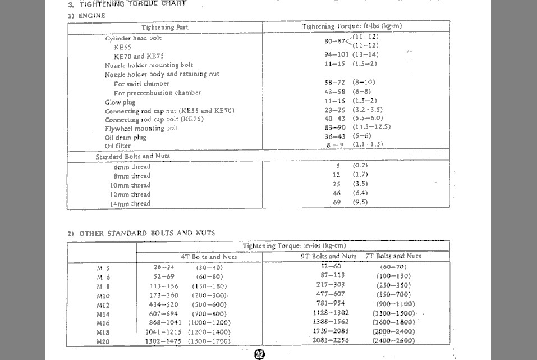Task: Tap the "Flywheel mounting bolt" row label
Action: (x=141, y=129)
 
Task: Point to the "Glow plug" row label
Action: (x=120, y=102)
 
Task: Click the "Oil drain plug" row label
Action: (x=125, y=138)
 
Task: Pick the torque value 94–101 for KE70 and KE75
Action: (x=336, y=54)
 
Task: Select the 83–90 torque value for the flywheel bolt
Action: (x=336, y=127)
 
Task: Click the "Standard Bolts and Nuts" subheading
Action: (x=132, y=156)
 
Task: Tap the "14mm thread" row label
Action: (x=132, y=204)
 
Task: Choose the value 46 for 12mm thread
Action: (x=337, y=194)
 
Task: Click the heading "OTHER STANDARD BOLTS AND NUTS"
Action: (x=147, y=233)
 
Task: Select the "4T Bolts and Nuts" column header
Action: (x=208, y=257)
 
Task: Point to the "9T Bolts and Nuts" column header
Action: (x=328, y=256)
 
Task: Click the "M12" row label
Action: (x=103, y=304)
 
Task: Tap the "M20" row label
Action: (x=103, y=340)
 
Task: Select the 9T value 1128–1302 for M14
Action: (x=331, y=313)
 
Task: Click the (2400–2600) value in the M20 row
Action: (x=393, y=340)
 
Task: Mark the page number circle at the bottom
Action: (x=260, y=354)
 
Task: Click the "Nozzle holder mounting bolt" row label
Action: (x=148, y=65)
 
